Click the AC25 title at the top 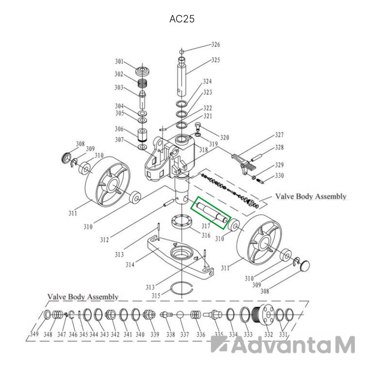pyautogui.click(x=182, y=19)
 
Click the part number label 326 pyautogui.click(x=215, y=44)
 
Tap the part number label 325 pyautogui.click(x=215, y=60)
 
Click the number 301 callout pyautogui.click(x=119, y=61)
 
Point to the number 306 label pyautogui.click(x=119, y=129)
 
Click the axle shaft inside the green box pyautogui.click(x=211, y=212)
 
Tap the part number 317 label pyautogui.click(x=206, y=226)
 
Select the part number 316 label pyautogui.click(x=206, y=235)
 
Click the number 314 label pyautogui.click(x=130, y=265)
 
